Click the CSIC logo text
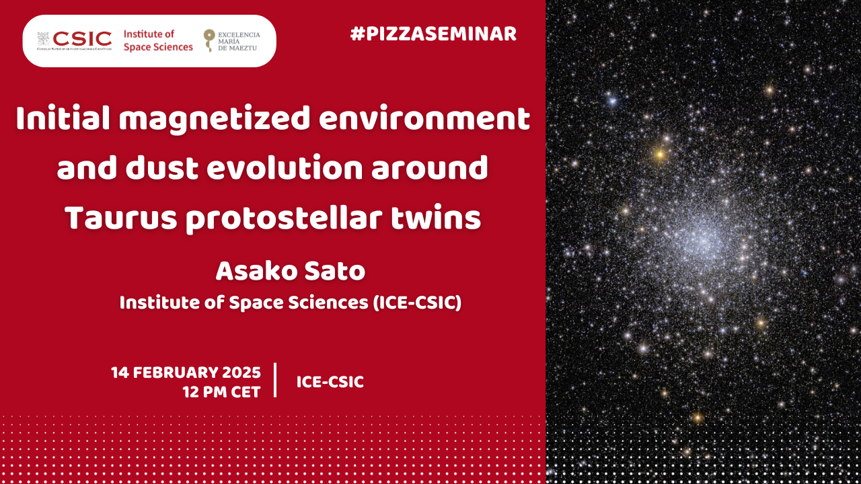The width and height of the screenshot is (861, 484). click(x=82, y=38)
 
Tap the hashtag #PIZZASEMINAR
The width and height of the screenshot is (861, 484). click(x=433, y=34)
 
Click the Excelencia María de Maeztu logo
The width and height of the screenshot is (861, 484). click(x=232, y=41)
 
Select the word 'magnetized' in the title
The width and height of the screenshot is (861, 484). click(x=214, y=120)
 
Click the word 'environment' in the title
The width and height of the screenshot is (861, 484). click(x=424, y=119)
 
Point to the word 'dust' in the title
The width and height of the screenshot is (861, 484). click(x=161, y=167)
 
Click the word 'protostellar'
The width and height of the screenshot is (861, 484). click(x=284, y=218)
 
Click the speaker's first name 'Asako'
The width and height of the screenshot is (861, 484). click(x=256, y=271)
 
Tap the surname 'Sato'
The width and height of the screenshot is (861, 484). click(x=334, y=271)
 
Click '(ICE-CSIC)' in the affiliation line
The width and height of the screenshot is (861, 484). click(x=417, y=302)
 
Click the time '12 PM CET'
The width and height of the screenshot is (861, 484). click(x=221, y=392)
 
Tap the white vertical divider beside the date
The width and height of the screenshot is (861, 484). click(x=275, y=380)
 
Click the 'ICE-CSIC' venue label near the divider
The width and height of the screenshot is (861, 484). click(x=330, y=382)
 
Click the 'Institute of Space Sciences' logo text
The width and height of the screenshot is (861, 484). click(x=158, y=41)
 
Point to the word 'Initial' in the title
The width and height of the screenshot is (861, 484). click(x=63, y=119)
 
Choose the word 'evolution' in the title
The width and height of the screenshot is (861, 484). click(x=285, y=167)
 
